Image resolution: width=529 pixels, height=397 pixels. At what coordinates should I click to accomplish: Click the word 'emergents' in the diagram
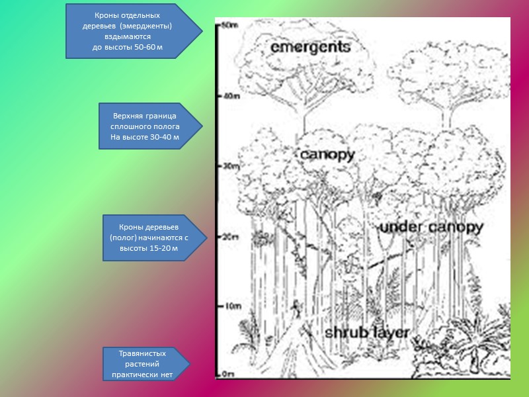click(x=310, y=48)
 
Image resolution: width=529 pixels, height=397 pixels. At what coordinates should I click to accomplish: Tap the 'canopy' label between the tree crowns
click(x=327, y=155)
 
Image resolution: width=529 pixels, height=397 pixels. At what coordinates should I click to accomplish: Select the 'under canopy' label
click(x=431, y=228)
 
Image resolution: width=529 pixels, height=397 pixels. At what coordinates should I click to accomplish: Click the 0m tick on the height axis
click(x=227, y=374)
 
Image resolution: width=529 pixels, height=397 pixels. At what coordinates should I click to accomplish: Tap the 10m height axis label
click(x=227, y=306)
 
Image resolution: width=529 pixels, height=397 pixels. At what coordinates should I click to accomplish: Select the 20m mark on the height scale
click(x=227, y=236)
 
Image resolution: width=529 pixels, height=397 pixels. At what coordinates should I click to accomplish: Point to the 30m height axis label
click(x=227, y=166)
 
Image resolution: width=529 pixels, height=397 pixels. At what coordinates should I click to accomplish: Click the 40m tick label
click(x=229, y=96)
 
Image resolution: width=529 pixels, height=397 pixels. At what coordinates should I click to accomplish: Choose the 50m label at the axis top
click(x=229, y=26)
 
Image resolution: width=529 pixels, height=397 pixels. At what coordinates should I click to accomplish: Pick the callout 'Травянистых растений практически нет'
click(x=143, y=364)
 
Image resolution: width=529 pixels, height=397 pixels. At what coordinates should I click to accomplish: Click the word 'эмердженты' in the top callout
click(x=151, y=26)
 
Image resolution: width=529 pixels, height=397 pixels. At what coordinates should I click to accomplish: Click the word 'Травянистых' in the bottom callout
click(x=142, y=353)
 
